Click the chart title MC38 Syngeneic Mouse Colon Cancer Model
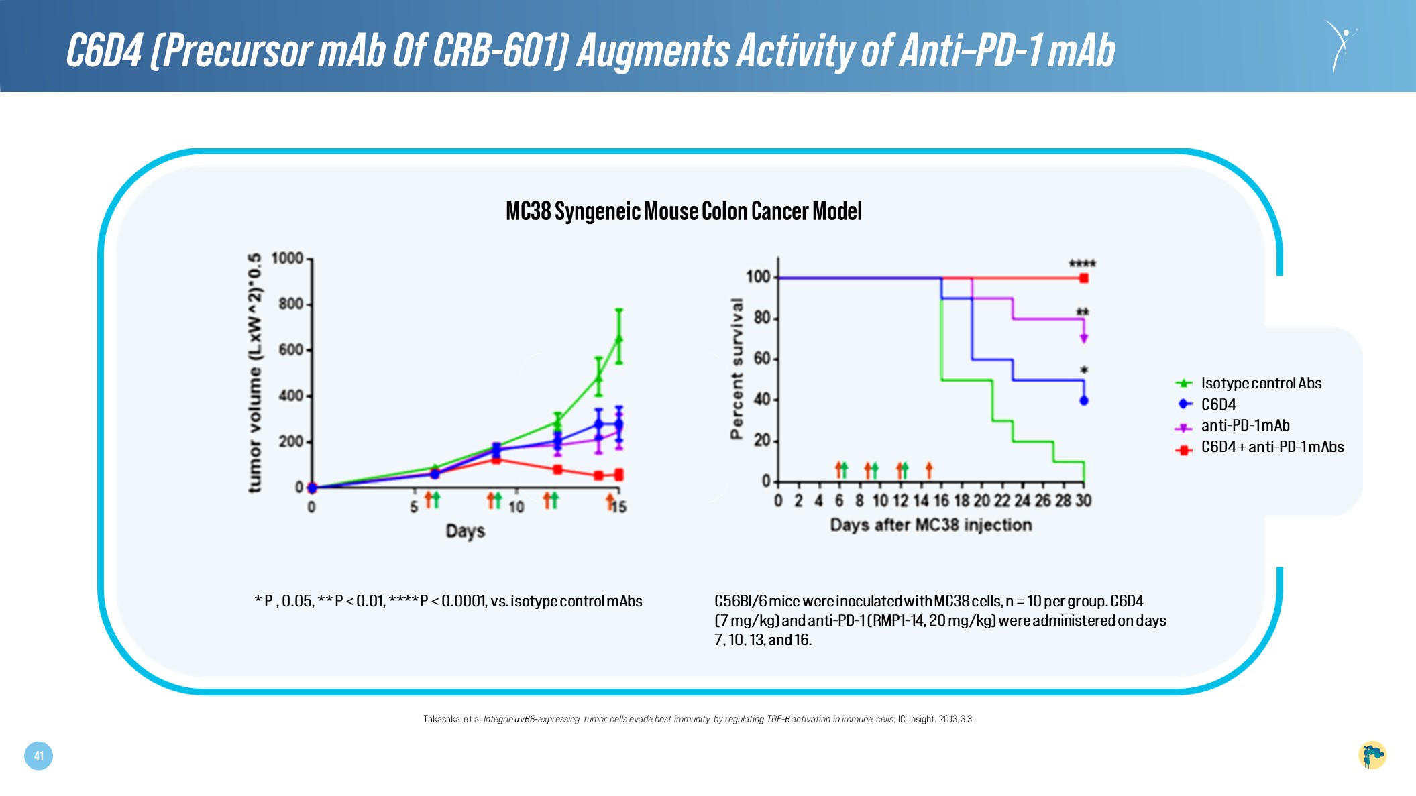tap(683, 211)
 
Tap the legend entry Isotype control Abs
tap(1260, 383)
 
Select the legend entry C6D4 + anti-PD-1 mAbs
tap(1272, 447)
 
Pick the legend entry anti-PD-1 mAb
tap(1245, 425)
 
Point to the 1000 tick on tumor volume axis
tap(287, 259)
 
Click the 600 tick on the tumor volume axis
tap(291, 350)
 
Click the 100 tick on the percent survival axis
tap(758, 277)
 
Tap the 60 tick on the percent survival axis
tap(762, 359)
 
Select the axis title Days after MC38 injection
tap(931, 524)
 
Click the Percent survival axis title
tap(737, 369)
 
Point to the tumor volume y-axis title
tap(255, 373)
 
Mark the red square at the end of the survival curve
tap(1083, 278)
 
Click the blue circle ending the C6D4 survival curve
tap(1083, 401)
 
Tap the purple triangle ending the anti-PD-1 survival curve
tap(1083, 339)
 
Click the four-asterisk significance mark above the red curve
tap(1081, 264)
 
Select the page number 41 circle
tap(38, 756)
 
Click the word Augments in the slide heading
tap(653, 50)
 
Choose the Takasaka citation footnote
tap(698, 719)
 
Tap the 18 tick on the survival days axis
tap(961, 501)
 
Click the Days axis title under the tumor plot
tap(465, 531)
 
